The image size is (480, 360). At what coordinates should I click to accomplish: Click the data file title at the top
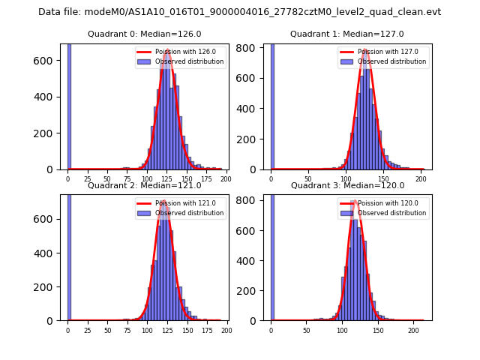(x=239, y=12)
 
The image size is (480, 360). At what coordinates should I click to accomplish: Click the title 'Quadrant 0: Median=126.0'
(x=144, y=34)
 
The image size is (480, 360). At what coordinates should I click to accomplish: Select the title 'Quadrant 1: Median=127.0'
(x=346, y=34)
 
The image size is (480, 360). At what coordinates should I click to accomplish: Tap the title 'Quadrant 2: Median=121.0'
(x=144, y=185)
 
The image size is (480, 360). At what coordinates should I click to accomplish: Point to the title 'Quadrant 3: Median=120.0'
(x=346, y=185)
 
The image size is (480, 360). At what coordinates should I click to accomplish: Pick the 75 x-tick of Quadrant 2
(x=127, y=330)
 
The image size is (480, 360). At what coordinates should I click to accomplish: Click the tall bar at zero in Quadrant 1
(x=272, y=105)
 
